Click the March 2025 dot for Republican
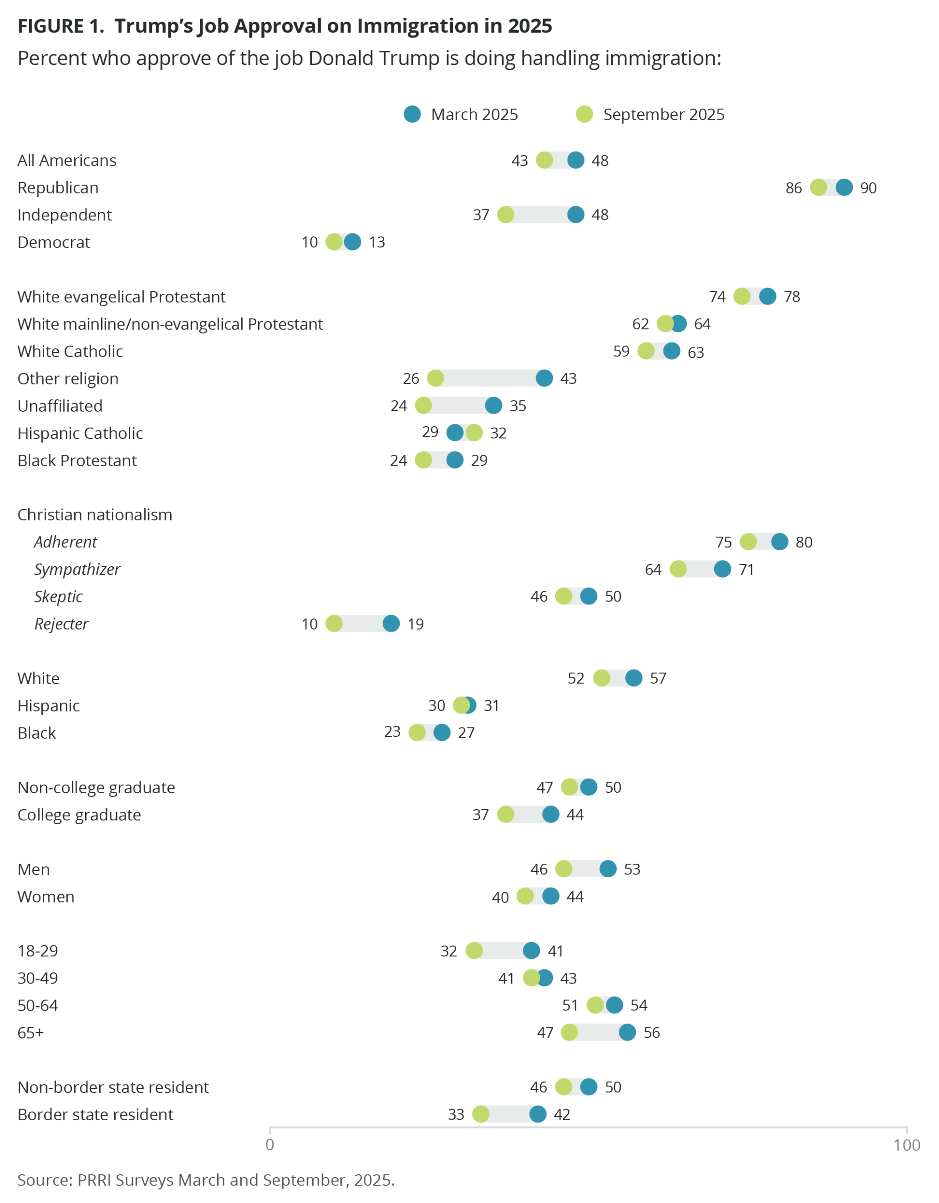844,187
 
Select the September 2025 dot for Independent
505,214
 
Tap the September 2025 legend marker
584,114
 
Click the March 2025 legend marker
412,114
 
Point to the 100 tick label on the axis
907,1145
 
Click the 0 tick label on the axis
269,1145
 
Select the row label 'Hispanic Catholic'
80,433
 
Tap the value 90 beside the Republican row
868,188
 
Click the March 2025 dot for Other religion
544,378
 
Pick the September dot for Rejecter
334,624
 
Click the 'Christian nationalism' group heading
95,515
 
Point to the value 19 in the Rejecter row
416,624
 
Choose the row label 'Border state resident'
95,1114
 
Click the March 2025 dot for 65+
627,1032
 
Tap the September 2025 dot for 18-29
474,950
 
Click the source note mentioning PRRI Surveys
206,1180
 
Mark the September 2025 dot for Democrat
334,242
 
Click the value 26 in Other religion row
410,378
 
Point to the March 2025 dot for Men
608,868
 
